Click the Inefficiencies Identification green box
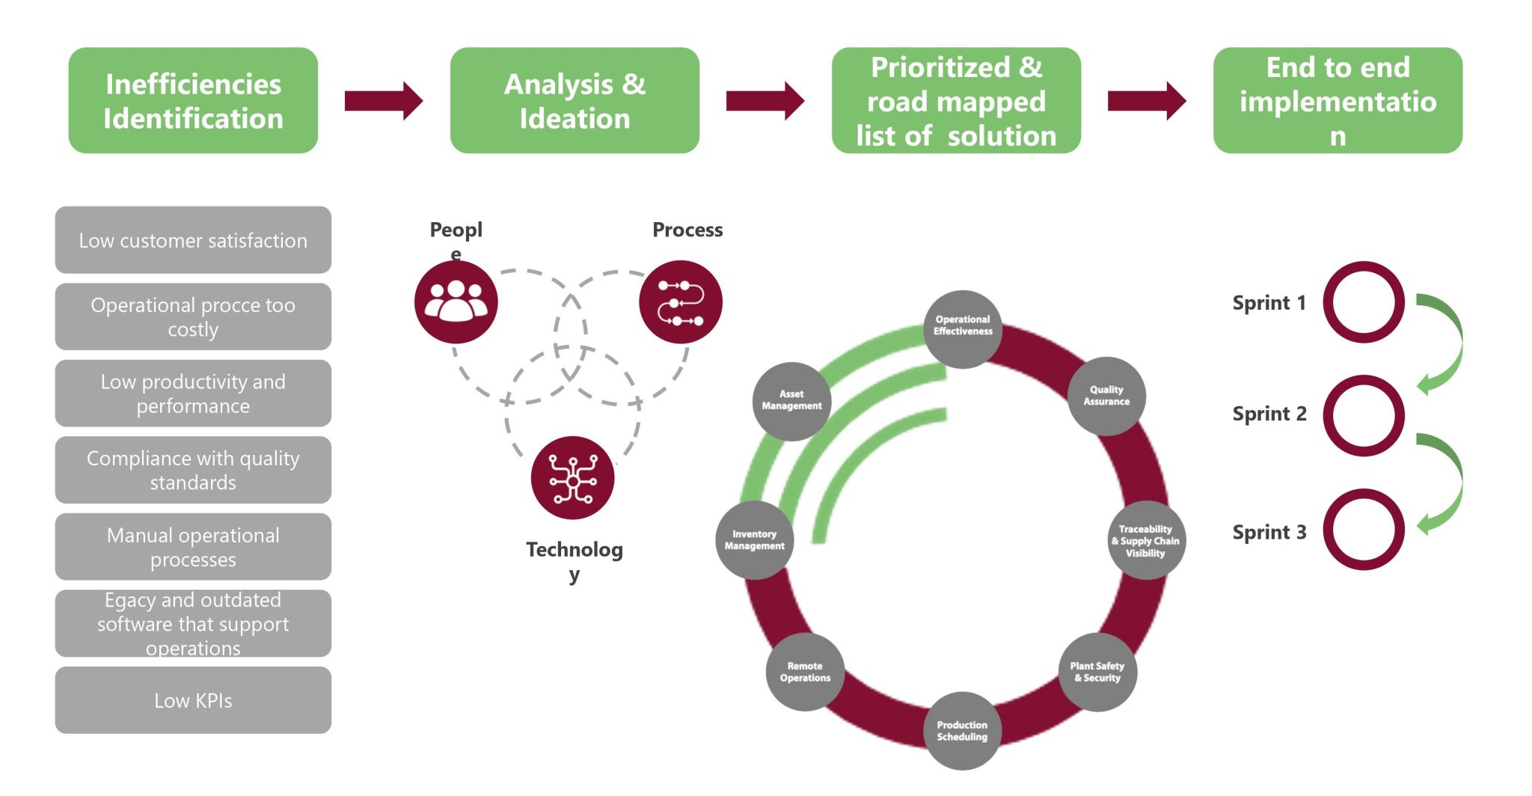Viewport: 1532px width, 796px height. (x=193, y=101)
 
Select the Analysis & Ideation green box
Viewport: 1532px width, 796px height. (x=574, y=101)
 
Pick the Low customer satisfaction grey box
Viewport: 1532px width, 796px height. (x=193, y=240)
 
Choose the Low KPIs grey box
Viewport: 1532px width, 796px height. (x=193, y=700)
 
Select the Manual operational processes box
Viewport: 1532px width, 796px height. (x=193, y=547)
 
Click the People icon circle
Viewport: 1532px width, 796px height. (x=456, y=302)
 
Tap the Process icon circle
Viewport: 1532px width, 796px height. (x=680, y=302)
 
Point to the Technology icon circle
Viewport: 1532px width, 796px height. (x=572, y=478)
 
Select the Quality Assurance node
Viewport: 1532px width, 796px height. (x=1106, y=396)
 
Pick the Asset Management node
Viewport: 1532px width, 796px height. (x=791, y=401)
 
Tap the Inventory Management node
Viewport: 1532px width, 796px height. (x=754, y=540)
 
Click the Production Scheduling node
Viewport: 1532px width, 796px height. (x=962, y=731)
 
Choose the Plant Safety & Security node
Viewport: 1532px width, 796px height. (x=1097, y=672)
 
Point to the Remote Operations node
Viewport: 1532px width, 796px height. (x=805, y=672)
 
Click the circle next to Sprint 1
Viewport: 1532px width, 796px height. (x=1363, y=302)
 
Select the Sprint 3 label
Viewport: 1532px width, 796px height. (x=1269, y=532)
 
